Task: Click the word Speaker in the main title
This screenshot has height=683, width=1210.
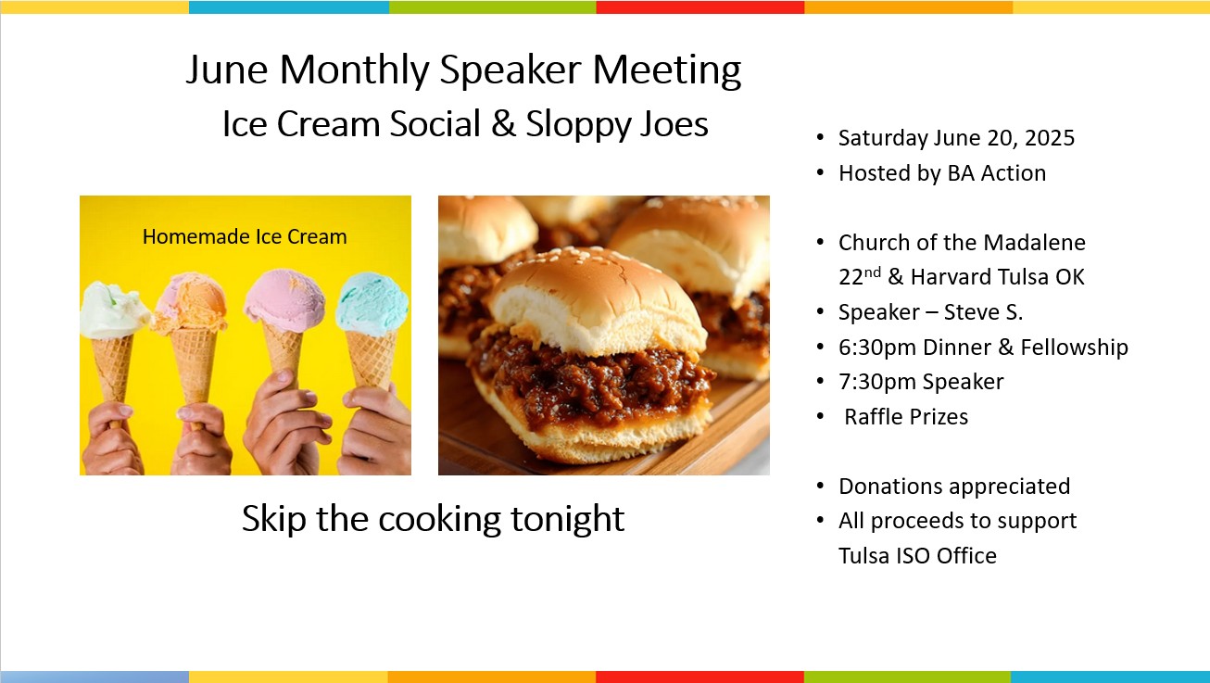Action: click(510, 70)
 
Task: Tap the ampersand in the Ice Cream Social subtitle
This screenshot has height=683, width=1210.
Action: click(503, 124)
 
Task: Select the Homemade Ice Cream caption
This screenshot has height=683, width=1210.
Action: click(245, 236)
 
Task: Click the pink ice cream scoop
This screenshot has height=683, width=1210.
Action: click(284, 300)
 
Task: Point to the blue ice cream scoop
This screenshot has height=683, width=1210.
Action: click(372, 304)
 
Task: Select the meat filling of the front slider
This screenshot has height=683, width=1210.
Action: click(591, 381)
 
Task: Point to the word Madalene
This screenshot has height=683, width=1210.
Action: click(1035, 243)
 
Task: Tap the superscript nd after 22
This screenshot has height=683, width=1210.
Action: click(873, 272)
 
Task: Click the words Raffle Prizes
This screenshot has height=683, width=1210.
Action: click(906, 417)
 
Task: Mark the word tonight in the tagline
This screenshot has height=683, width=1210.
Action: click(567, 519)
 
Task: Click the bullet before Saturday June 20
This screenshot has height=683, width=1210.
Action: click(820, 137)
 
